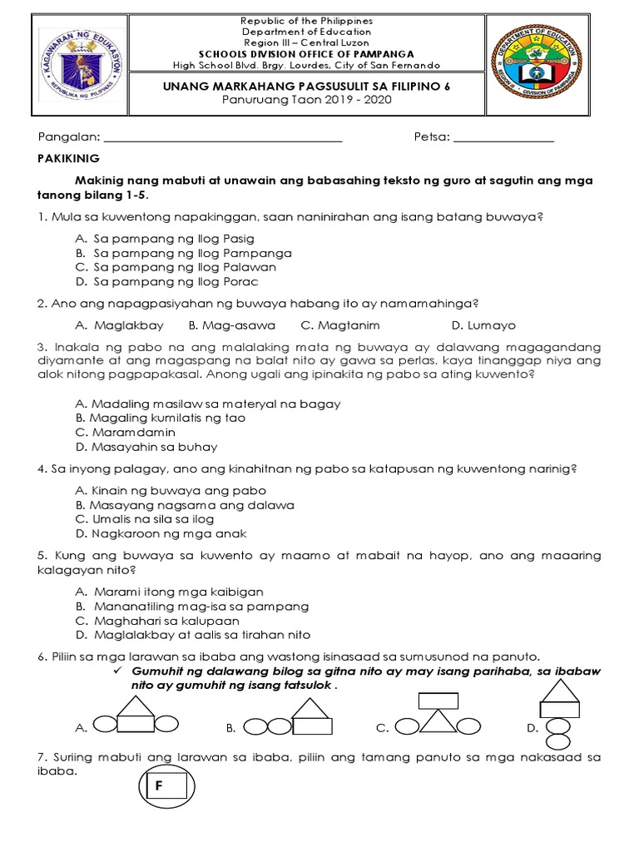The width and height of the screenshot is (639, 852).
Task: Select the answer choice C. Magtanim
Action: click(330, 325)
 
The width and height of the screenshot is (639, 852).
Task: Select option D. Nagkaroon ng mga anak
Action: click(161, 533)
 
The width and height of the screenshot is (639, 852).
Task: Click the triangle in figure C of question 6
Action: click(438, 721)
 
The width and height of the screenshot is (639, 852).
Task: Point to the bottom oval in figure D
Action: click(558, 740)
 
